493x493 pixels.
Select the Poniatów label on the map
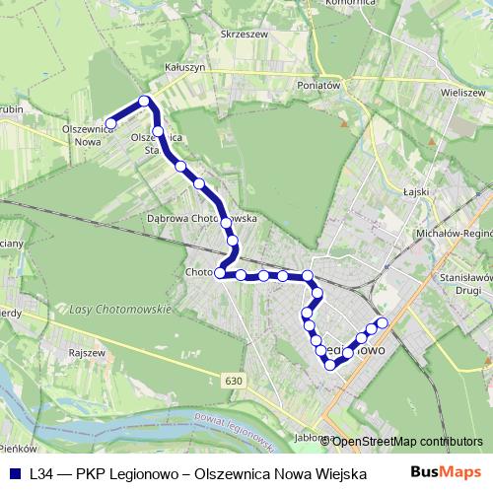[318, 86]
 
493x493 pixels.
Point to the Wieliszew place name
[464, 91]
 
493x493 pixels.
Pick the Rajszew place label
[86, 350]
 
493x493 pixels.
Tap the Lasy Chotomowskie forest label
[120, 309]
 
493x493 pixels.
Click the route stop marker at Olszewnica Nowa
[111, 123]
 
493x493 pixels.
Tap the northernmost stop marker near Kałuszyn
[145, 101]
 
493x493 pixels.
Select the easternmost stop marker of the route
[383, 323]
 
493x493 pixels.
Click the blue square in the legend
[15, 473]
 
